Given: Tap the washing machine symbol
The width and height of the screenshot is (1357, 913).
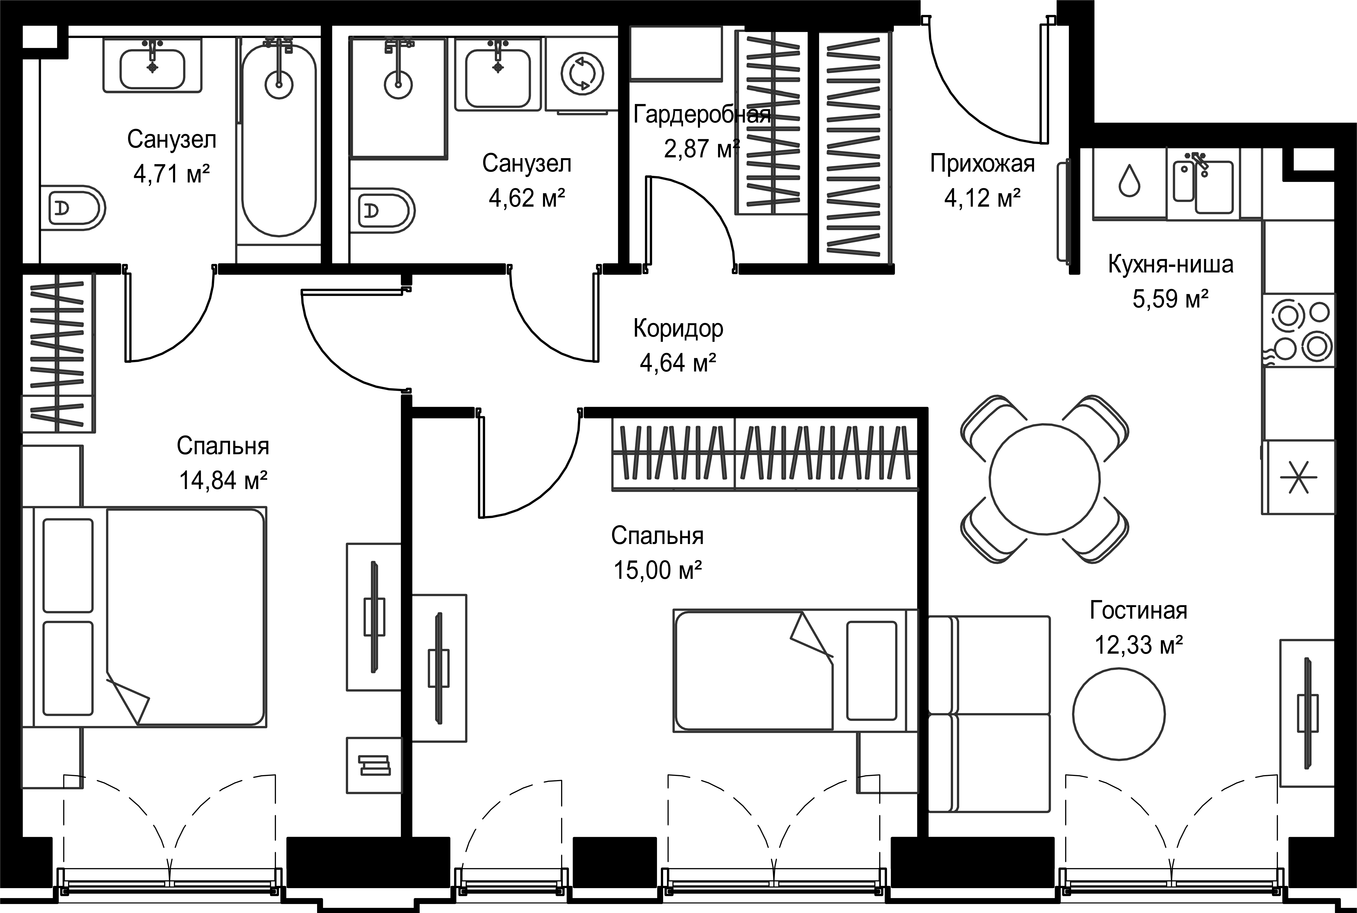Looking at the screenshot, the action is (582, 74).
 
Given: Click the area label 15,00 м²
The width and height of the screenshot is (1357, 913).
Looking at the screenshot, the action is (657, 570).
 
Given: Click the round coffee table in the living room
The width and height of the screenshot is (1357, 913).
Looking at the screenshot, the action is (1119, 713).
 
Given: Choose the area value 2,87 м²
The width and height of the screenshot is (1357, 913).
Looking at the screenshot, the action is (702, 149).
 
